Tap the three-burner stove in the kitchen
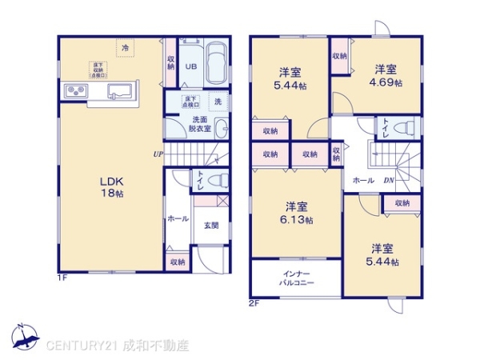point(76,91)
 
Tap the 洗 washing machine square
point(217,101)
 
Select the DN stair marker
point(388,180)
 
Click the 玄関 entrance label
point(211,226)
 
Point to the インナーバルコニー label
point(298,279)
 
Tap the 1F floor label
point(62,278)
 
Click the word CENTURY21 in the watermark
point(82,346)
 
